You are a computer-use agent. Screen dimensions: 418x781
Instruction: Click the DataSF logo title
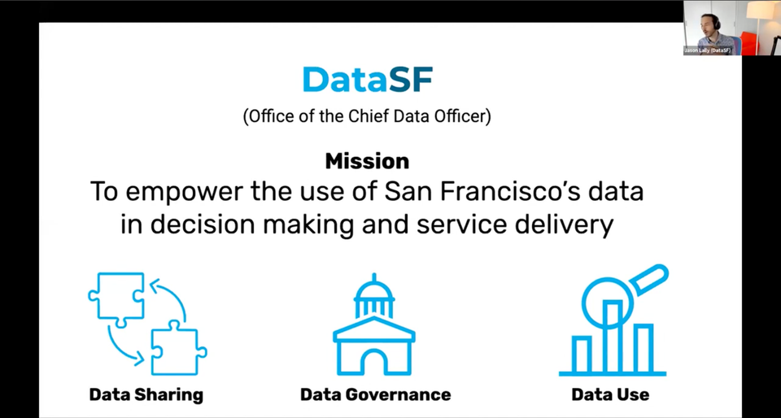(367, 79)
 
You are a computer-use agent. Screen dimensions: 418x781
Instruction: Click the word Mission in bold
(367, 160)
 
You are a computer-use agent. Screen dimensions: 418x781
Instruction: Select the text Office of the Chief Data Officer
(367, 115)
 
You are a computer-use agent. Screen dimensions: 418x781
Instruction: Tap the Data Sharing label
(146, 395)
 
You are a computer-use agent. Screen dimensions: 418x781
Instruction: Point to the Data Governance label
(375, 395)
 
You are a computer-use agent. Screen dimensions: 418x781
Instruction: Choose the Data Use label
(610, 395)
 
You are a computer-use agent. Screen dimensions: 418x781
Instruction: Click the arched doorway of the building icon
(374, 362)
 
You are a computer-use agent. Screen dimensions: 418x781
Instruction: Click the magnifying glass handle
(651, 277)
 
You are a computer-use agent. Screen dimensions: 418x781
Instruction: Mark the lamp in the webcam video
(762, 12)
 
